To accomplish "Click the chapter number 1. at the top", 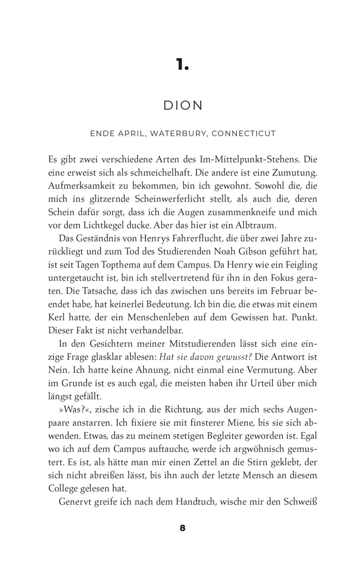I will [182, 64].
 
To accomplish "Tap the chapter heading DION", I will [183, 106].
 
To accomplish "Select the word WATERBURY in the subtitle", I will [178, 134].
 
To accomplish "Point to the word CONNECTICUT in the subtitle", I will [244, 134].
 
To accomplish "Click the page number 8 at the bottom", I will [183, 528].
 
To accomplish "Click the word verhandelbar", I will [157, 331].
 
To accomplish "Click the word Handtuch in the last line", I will [195, 502].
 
